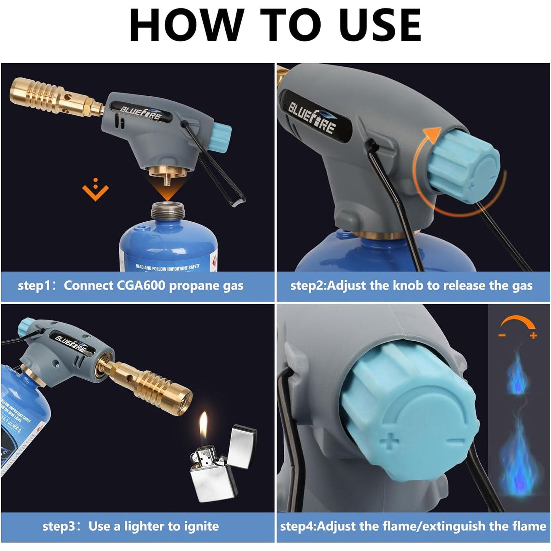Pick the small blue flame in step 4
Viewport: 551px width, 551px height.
pyautogui.click(x=517, y=374)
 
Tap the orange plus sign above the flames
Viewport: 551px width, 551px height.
pyautogui.click(x=533, y=336)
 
